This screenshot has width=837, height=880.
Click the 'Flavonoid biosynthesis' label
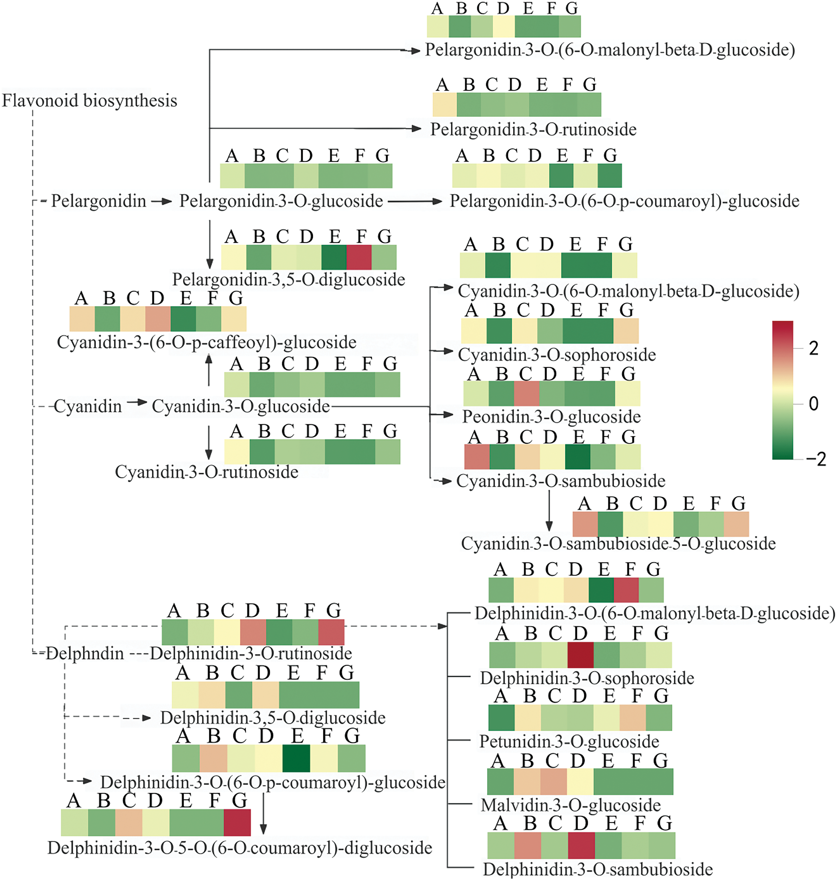point(89,101)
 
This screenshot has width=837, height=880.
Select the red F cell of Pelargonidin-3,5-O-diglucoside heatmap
point(359,257)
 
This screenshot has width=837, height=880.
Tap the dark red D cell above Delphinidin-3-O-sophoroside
point(580,655)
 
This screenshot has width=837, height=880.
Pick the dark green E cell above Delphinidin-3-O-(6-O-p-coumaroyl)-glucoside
point(296,758)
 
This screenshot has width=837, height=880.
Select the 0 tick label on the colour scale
point(813,404)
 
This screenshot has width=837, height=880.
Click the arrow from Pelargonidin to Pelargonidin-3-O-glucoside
point(162,201)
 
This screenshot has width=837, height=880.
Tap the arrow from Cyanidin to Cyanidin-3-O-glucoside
point(137,402)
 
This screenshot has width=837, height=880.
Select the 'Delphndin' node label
point(85,654)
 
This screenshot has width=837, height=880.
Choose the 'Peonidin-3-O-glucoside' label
point(551,417)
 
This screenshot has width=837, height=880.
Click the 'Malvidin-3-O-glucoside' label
point(571,805)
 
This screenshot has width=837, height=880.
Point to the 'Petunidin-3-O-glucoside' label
point(569,741)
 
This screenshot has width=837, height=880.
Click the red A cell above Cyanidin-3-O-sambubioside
point(477,457)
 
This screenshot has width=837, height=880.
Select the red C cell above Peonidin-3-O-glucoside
point(526,393)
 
